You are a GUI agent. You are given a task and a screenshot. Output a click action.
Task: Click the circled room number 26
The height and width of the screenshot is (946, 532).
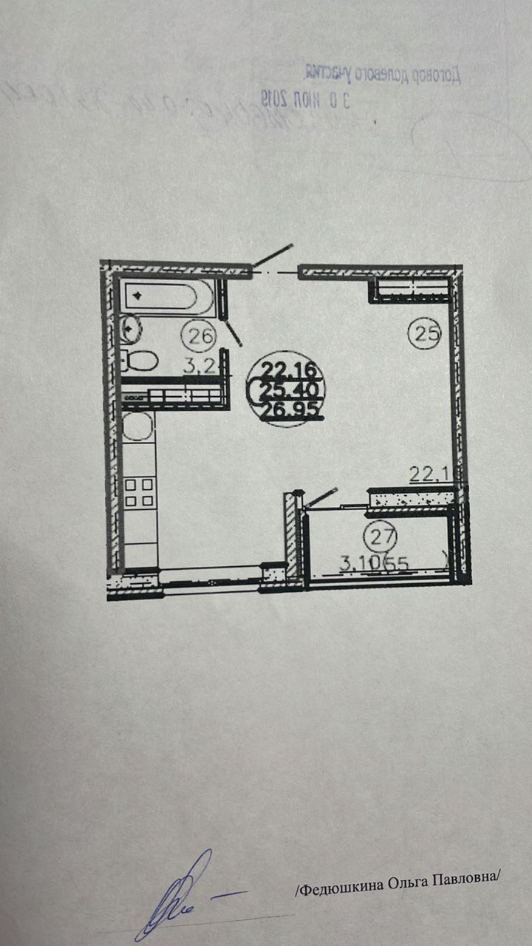coord(198,337)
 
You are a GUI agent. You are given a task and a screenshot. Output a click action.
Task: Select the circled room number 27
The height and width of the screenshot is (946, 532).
coord(381,534)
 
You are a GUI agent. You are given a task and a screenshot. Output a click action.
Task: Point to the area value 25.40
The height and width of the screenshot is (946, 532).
coord(292,389)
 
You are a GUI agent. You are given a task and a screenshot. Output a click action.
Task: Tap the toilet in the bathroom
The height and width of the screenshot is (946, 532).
coord(140,361)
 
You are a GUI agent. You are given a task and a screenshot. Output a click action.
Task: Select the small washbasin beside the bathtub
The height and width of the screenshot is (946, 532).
coord(131,327)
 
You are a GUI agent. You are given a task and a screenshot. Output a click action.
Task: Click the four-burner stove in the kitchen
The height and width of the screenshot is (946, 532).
coord(140,493)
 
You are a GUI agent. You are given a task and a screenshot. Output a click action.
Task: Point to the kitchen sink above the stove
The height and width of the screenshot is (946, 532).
coord(137,426)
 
